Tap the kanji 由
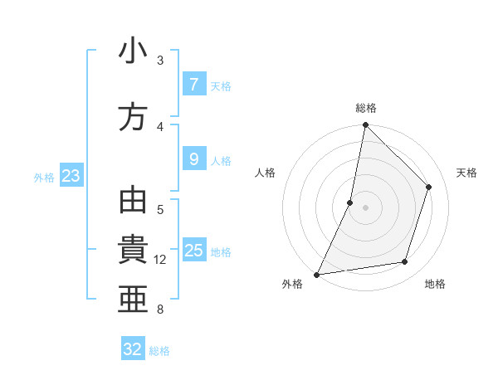point(133,202)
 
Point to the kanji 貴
point(133,251)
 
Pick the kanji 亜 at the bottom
point(133,300)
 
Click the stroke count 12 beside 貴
point(160,260)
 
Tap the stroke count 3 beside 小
point(160,61)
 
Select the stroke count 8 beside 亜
point(160,310)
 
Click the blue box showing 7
point(193,85)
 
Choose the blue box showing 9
point(193,159)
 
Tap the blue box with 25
point(193,251)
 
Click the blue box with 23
point(71,176)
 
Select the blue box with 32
point(133,349)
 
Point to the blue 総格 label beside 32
point(159,351)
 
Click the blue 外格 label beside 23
point(44,177)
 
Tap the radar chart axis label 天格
point(466,173)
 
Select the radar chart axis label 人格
point(266,173)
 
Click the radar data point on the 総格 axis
point(365,125)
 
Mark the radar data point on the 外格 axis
point(316,274)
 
